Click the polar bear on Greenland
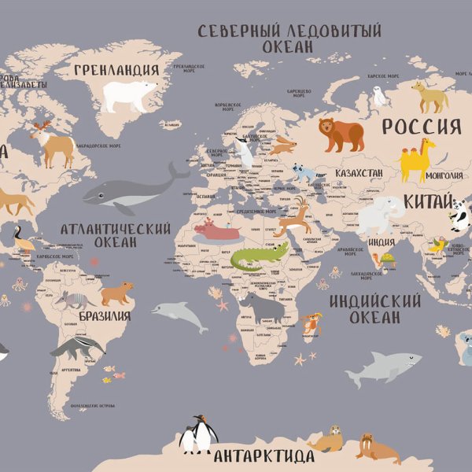pos(130,95)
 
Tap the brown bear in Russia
pos(341,135)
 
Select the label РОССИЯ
pos(421,127)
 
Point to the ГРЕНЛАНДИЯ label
pos(116,70)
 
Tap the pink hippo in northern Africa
pos(216,230)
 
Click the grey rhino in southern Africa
pos(263,308)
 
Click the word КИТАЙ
pos(429,202)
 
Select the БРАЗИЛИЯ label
pos(105,316)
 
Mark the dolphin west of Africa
pos(178,313)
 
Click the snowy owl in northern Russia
pos(381,96)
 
